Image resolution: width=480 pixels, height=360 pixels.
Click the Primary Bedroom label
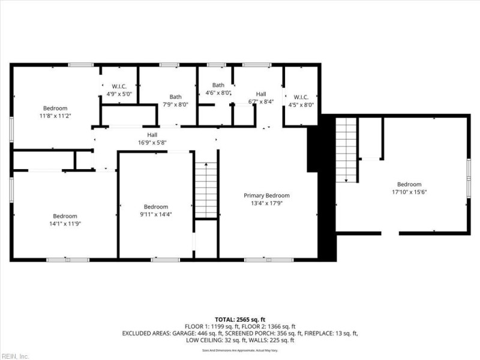(266, 196)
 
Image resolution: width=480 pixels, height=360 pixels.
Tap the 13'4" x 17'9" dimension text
(266, 203)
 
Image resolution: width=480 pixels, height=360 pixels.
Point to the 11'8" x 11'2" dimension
(55, 116)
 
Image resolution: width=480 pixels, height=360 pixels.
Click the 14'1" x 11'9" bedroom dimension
(65, 224)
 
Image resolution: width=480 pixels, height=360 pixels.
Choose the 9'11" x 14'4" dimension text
(155, 214)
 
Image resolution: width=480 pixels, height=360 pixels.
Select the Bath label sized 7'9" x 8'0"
(176, 97)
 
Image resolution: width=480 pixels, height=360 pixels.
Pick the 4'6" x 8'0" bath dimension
(218, 93)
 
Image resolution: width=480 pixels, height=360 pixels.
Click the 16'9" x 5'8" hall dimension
(152, 143)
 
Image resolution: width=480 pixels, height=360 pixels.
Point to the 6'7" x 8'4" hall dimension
(261, 101)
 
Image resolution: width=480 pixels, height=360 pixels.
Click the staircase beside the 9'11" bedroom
(206, 190)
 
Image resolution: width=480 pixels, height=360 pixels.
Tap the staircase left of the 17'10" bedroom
(346, 149)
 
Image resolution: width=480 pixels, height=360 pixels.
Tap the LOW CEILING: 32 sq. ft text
(217, 340)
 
